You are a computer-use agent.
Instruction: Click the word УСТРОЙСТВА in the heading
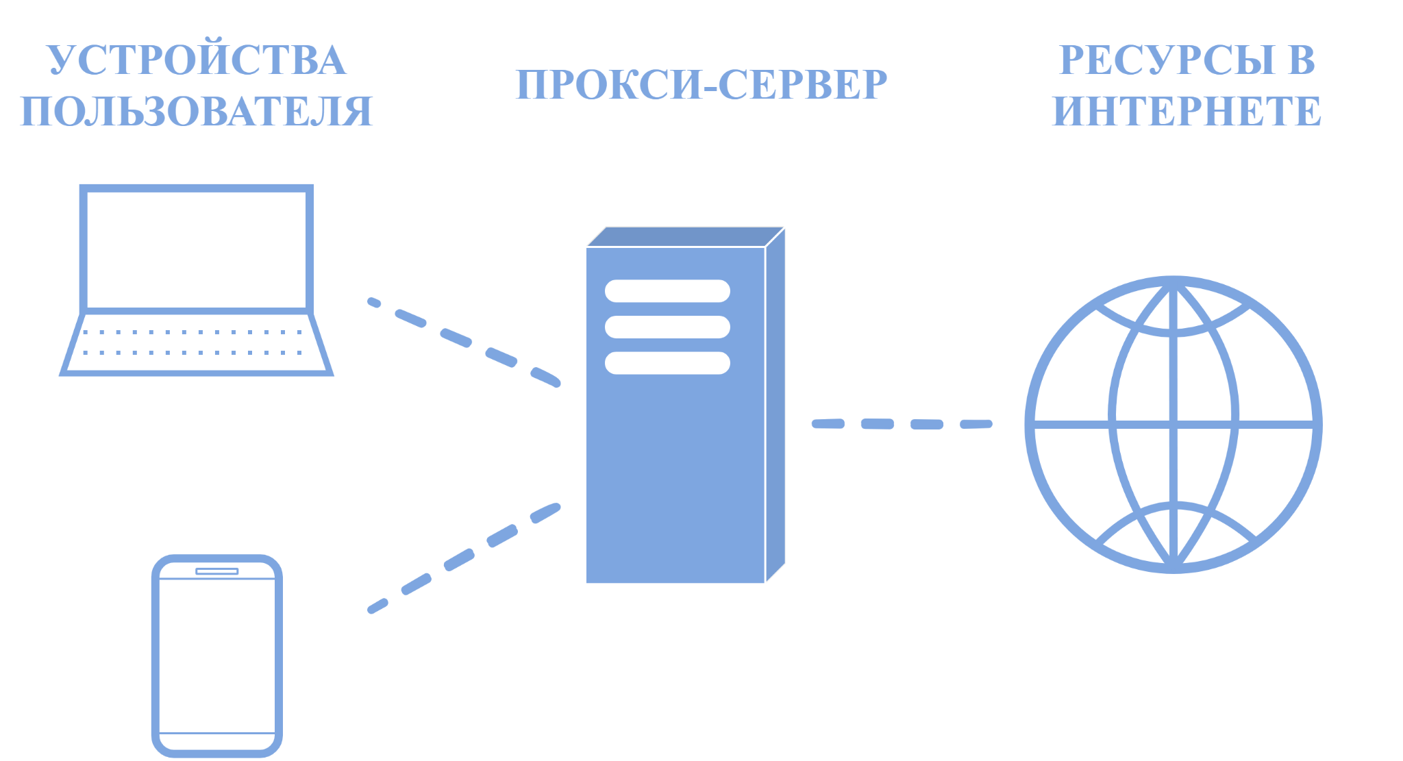coord(196,60)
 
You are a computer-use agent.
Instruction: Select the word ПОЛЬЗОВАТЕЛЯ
coord(197,111)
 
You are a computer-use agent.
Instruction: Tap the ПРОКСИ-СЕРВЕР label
coord(701,85)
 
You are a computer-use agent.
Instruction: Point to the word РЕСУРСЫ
coord(1167,60)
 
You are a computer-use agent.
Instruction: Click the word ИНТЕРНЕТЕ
coord(1187,111)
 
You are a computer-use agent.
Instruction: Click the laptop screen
coord(197,249)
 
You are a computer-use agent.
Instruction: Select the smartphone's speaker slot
coord(217,571)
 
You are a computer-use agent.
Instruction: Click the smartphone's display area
coord(217,656)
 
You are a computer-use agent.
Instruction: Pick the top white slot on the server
coord(667,291)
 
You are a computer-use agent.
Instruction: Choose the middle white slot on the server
coord(667,327)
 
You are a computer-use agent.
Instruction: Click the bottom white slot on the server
coord(667,363)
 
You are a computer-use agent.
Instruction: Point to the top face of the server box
coord(686,236)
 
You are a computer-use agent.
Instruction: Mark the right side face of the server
coord(775,405)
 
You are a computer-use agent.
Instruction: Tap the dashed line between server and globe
coord(902,424)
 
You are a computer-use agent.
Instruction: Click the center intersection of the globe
coord(1174,425)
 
